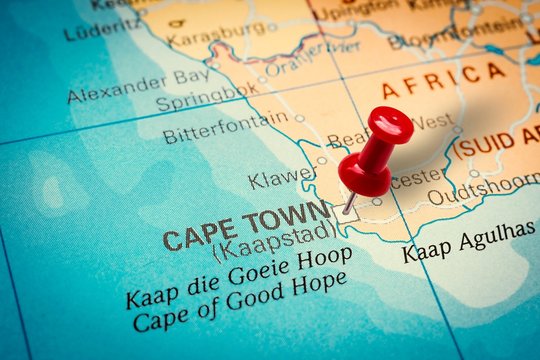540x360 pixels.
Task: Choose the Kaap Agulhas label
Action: [x=467, y=241]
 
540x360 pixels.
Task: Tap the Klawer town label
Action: [x=281, y=179]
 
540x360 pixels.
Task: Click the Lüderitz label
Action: [x=100, y=28]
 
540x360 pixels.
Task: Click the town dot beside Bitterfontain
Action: [x=299, y=118]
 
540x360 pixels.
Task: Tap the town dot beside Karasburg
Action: [x=271, y=27]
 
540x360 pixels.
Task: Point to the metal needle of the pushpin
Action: [x=349, y=203]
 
